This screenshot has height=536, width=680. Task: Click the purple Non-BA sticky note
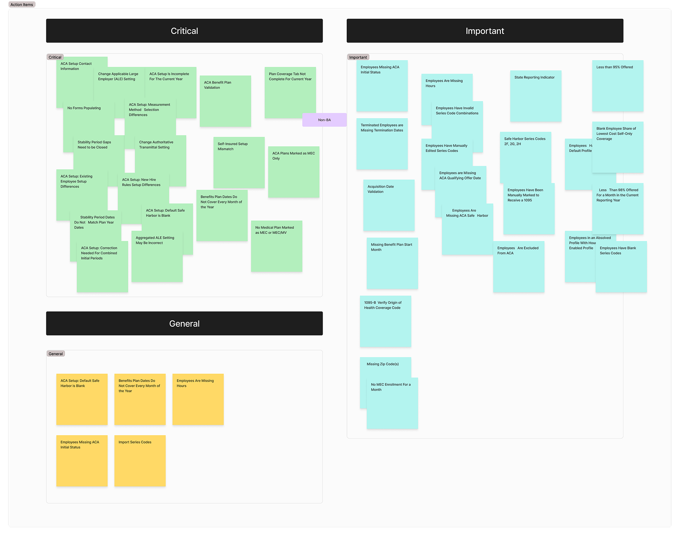coord(324,120)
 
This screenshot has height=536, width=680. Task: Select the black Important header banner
coord(484,31)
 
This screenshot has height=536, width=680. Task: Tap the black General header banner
coord(184,323)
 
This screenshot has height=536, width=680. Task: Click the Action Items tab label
coord(22,5)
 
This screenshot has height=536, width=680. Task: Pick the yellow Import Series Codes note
coord(140,461)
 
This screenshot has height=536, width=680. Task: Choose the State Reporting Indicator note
coord(535,96)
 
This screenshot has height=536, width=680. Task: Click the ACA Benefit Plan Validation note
coord(225,101)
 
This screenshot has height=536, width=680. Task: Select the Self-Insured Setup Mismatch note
coord(239,163)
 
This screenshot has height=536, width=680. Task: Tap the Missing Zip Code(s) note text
coord(383,364)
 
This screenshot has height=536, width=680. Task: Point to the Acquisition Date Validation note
coord(388,205)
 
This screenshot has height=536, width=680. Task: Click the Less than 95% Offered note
coord(617,86)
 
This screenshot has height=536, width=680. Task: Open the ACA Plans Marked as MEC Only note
coord(293,172)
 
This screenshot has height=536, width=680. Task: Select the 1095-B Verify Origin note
coord(385,321)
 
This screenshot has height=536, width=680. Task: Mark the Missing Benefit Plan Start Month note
coord(392,263)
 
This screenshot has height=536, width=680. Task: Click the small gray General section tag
coord(56,354)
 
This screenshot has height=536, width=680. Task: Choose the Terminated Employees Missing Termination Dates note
coord(382,144)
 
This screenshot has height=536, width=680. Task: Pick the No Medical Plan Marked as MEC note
coord(276,246)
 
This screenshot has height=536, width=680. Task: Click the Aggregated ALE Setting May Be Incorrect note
coord(157,256)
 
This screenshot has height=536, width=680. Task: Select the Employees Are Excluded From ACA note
coord(519,267)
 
